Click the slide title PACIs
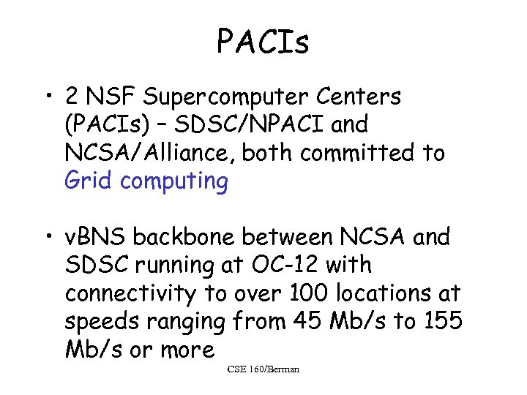(263, 43)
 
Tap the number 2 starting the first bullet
(73, 97)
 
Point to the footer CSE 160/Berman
(263, 369)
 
